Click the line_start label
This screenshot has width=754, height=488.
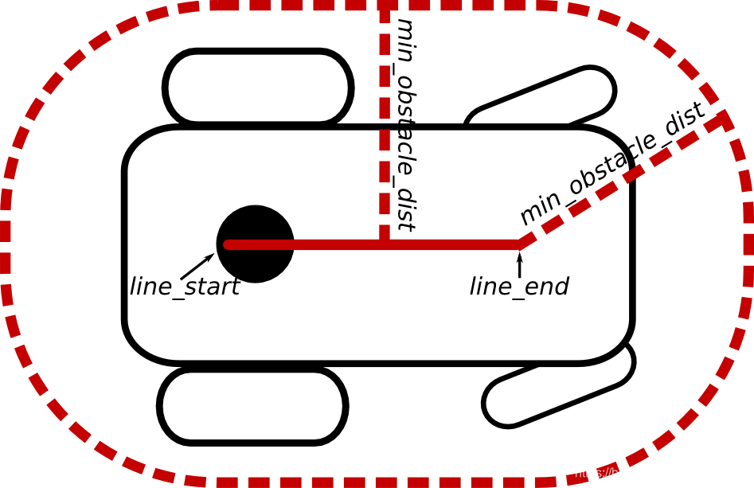click(x=184, y=287)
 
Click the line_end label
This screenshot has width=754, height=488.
click(x=519, y=287)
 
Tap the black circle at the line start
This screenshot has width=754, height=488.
click(x=255, y=263)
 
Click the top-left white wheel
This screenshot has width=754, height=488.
click(x=258, y=88)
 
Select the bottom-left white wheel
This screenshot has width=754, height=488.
click(x=252, y=406)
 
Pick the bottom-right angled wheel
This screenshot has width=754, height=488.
click(x=557, y=386)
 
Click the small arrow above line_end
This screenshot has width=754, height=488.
click(x=520, y=264)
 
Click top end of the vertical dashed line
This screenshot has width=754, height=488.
click(x=385, y=11)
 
